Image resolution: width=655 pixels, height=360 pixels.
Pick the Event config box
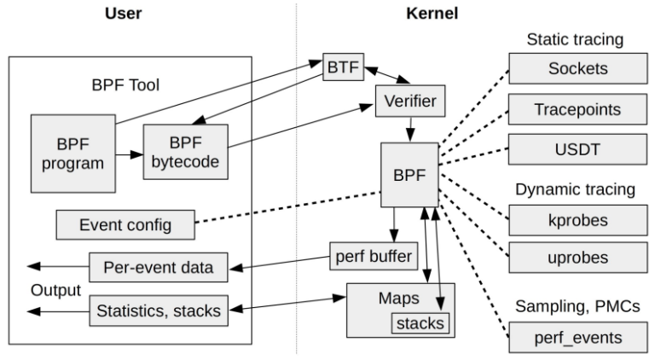click(x=125, y=225)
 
